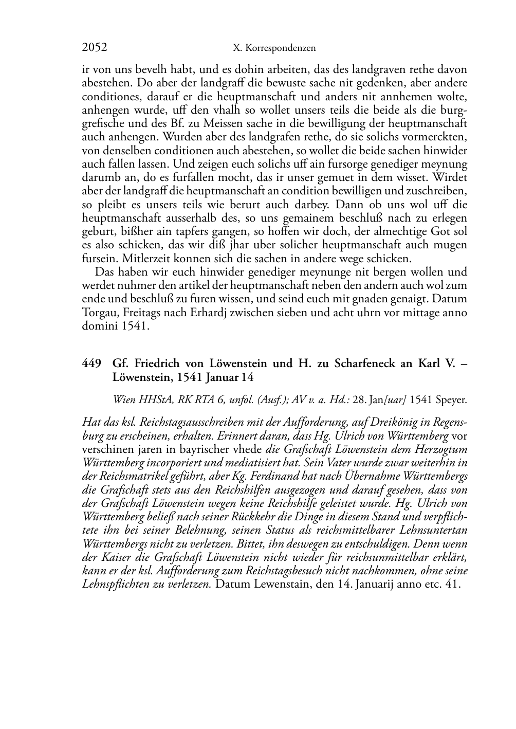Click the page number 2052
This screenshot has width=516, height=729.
(x=95, y=48)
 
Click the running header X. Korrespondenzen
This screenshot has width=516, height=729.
(x=274, y=48)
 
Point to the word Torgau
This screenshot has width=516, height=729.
(x=98, y=312)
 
